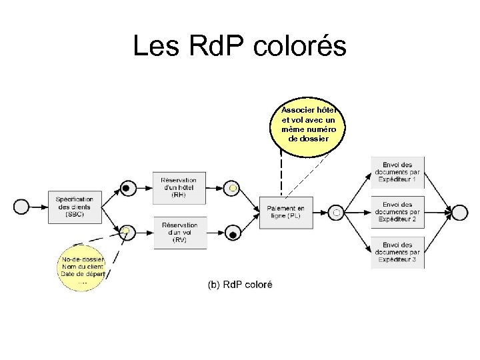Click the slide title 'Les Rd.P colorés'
pyautogui.click(x=239, y=47)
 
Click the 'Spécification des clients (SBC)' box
pyautogui.click(x=75, y=206)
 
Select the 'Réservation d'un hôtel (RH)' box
pyautogui.click(x=179, y=187)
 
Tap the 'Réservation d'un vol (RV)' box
pyautogui.click(x=179, y=233)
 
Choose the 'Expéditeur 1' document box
pyautogui.click(x=397, y=173)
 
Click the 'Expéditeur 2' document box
pyautogui.click(x=397, y=212)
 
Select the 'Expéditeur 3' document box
pyautogui.click(x=397, y=252)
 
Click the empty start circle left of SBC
pyautogui.click(x=21, y=207)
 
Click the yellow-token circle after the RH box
pyautogui.click(x=231, y=189)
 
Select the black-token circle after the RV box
pyautogui.click(x=231, y=233)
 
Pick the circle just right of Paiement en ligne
pyautogui.click(x=337, y=212)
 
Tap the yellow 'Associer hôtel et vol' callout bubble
pyautogui.click(x=308, y=123)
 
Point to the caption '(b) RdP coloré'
pyautogui.click(x=239, y=285)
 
